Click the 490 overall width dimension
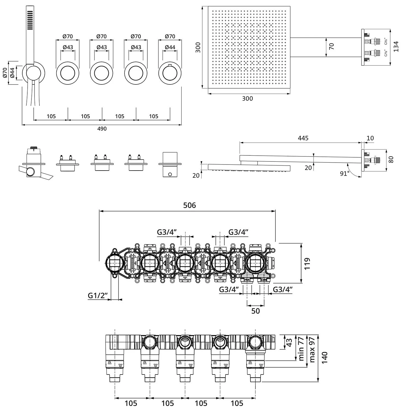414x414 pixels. coord(102,129)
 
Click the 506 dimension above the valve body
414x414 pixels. coord(190,205)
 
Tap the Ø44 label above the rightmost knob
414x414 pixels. coord(170,47)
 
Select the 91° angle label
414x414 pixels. coord(345,174)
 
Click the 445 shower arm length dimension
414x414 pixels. coord(303,138)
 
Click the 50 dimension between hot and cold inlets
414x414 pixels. coord(256,311)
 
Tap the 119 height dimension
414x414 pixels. coord(307,263)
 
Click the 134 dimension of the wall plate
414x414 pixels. coord(396,46)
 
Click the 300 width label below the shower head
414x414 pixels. coord(247,99)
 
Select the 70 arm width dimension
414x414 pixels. coord(332,46)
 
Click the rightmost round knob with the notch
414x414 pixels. coord(170,73)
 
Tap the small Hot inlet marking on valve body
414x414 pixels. coord(247,280)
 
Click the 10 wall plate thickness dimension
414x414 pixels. coord(370,138)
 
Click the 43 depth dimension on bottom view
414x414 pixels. coord(289,342)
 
